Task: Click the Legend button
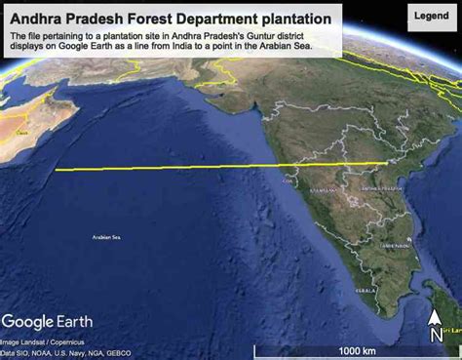(431, 17)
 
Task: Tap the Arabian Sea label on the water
(105, 237)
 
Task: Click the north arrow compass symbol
(436, 325)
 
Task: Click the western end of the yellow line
(57, 170)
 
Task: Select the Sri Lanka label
(449, 331)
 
